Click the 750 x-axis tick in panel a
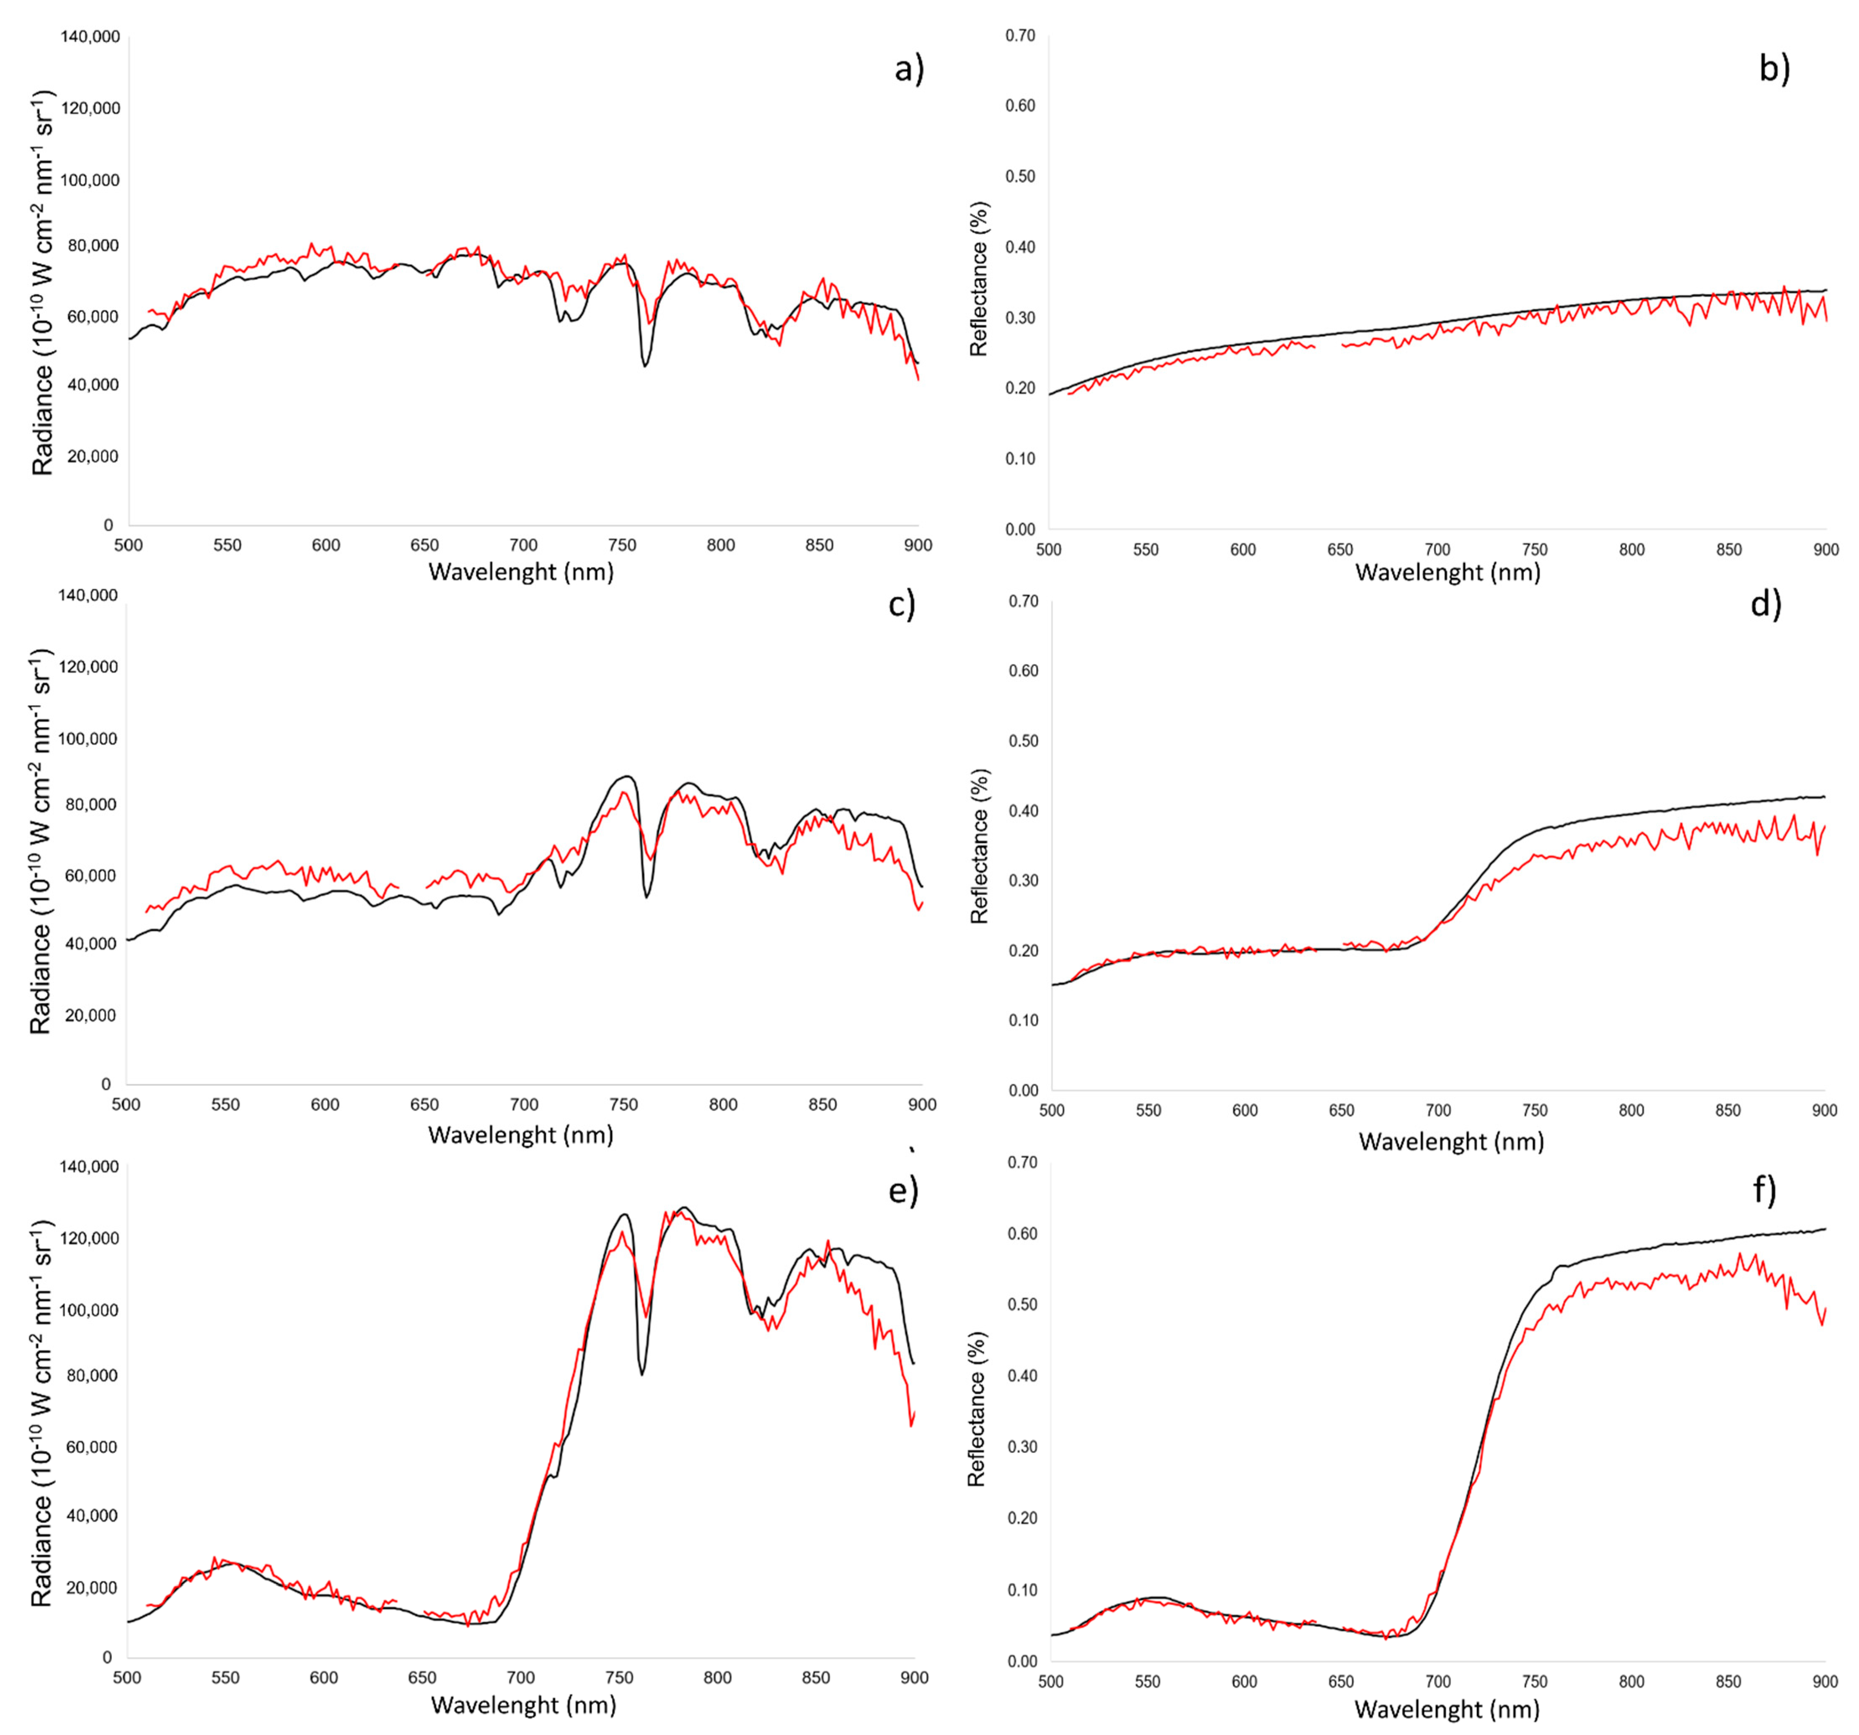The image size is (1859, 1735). click(622, 545)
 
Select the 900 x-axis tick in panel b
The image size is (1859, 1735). click(1825, 550)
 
